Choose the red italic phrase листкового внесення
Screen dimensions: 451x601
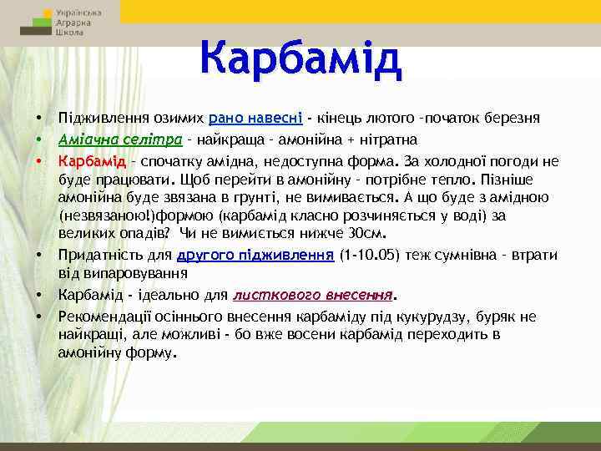point(313,295)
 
